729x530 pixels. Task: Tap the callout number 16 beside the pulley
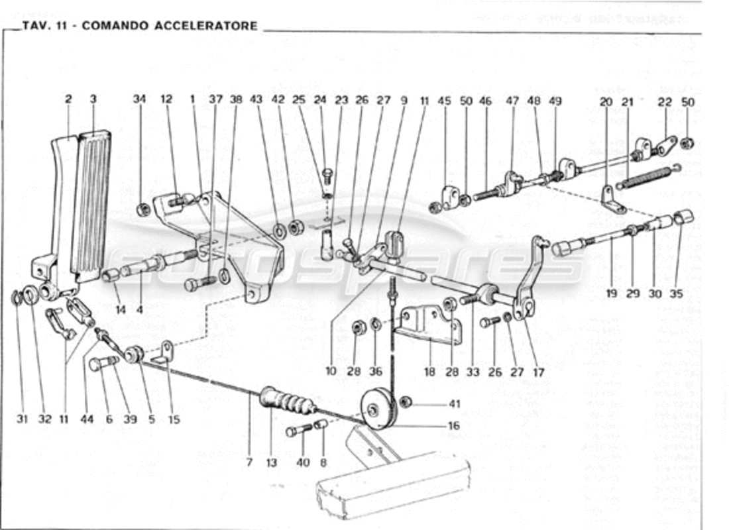click(454, 426)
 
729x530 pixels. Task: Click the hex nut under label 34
click(141, 211)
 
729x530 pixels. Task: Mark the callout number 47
click(512, 101)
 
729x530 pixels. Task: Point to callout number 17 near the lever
click(538, 372)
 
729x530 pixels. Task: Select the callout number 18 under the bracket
click(429, 372)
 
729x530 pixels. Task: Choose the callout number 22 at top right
click(665, 101)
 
